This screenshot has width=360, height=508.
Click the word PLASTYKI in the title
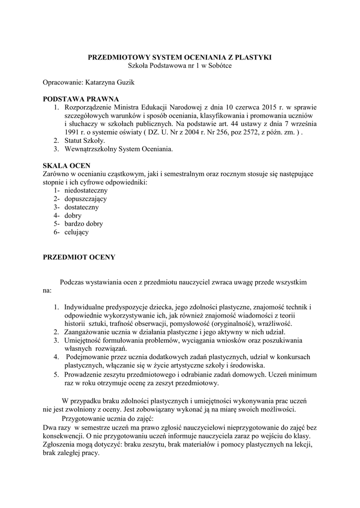(253, 58)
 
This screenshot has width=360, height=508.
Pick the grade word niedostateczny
(86, 190)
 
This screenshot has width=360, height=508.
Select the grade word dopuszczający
(85, 199)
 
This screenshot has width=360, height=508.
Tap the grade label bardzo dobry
(83, 224)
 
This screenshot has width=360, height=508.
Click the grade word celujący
(76, 232)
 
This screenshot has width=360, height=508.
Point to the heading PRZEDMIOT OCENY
(79, 257)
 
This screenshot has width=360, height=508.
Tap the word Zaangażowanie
(87, 332)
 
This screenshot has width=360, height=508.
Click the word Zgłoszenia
(59, 445)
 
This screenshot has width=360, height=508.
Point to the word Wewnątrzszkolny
(92, 149)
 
